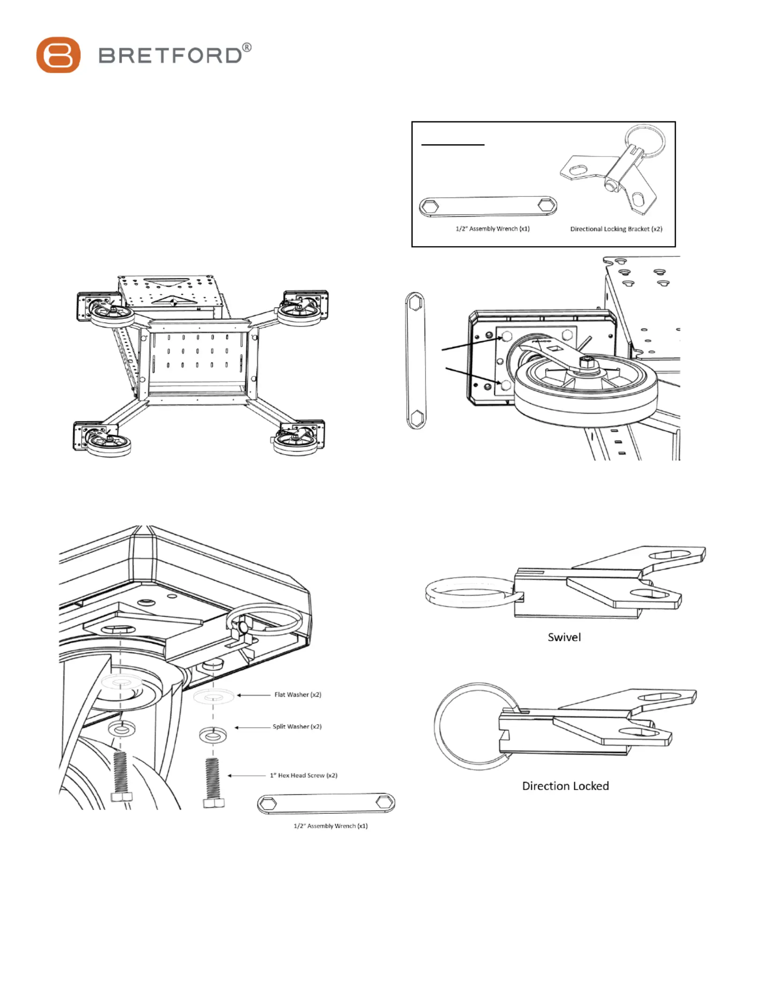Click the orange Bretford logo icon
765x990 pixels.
pos(58,55)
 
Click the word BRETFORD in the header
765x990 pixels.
pos(170,56)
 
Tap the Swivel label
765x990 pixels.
pos(564,637)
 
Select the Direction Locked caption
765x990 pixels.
pos(565,786)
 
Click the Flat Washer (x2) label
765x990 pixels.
pos(298,695)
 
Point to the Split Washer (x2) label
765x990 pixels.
pos(297,727)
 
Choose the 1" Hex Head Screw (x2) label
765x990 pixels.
pos(303,775)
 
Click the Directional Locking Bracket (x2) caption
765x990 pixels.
pos(616,229)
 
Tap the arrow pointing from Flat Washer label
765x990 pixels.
pos(253,695)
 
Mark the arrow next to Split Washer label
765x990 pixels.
pos(251,727)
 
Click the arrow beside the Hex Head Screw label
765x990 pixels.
pos(247,776)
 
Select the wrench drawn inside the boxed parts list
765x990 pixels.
pos(487,206)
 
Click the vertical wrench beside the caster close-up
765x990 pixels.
pos(415,360)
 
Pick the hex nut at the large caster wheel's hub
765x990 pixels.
pos(586,362)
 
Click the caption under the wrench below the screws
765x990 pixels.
pos(330,826)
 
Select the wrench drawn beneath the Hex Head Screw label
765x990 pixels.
pos(326,803)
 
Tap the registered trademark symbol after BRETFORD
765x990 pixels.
pos(247,47)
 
